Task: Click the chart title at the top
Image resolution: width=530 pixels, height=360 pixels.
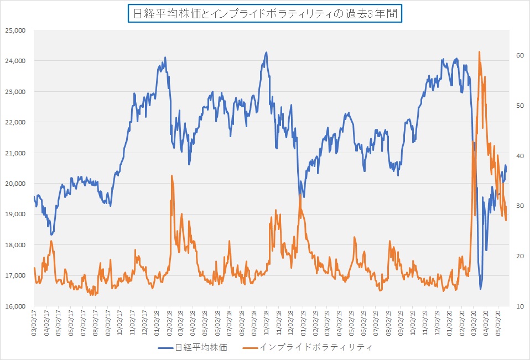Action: tap(264, 14)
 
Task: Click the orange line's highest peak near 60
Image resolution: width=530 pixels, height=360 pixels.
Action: tap(479, 51)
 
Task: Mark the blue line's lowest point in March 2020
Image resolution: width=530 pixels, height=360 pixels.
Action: tap(481, 289)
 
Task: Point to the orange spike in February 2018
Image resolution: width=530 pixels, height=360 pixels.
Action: tap(172, 176)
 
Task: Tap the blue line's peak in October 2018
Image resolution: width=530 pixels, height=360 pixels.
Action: tap(267, 53)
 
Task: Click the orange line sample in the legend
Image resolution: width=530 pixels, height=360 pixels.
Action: tap(247, 347)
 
